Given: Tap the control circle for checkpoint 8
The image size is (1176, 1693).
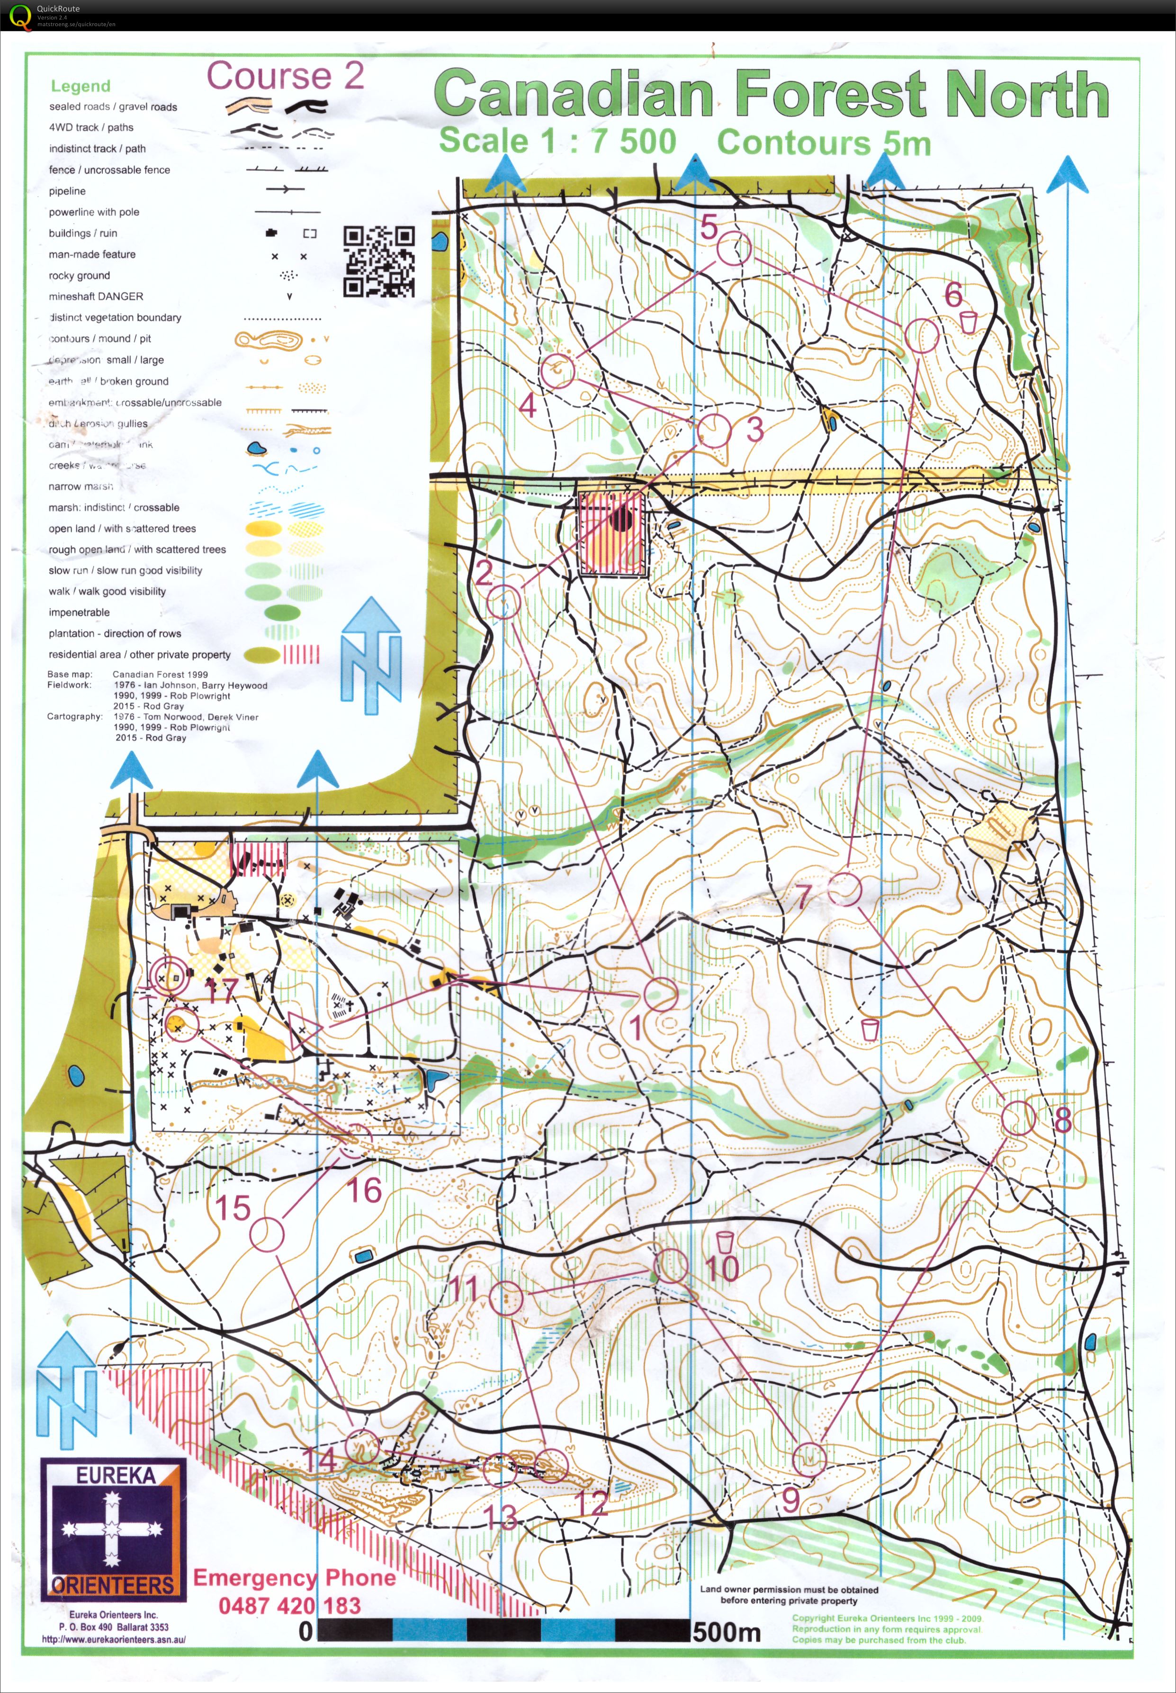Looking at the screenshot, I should [x=1018, y=1118].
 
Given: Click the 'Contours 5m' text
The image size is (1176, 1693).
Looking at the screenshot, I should [x=823, y=142].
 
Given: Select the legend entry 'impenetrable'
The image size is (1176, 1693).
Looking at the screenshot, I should [x=79, y=612].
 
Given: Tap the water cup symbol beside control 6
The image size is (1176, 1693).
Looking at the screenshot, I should [x=968, y=321].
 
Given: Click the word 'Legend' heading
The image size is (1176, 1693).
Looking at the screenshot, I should [x=81, y=86].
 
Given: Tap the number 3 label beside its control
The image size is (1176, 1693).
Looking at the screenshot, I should [x=754, y=430].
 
